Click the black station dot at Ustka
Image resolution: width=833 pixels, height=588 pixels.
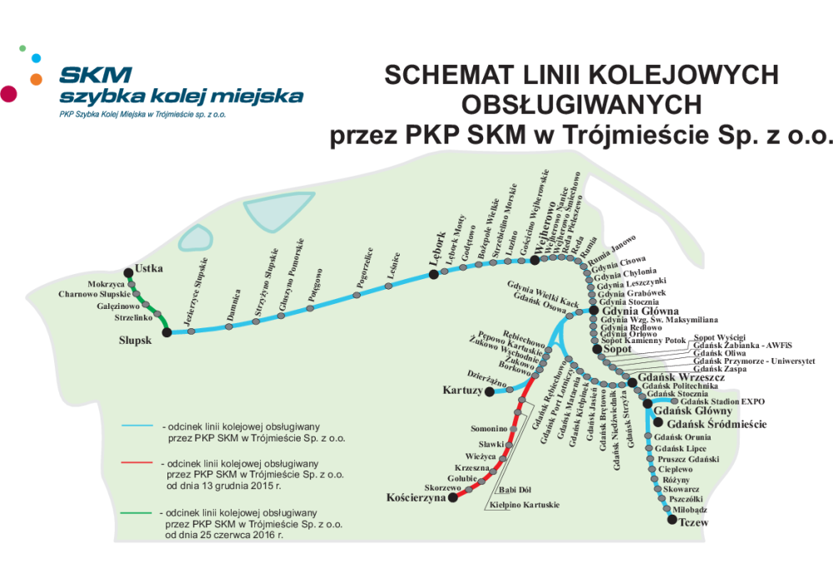click(128, 272)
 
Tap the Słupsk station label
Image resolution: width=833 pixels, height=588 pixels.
click(137, 341)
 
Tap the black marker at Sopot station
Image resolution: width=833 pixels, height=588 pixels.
click(597, 350)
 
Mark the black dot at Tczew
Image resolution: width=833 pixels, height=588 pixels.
click(672, 520)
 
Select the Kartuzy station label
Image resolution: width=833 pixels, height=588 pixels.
click(462, 391)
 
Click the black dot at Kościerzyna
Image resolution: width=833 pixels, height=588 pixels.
click(452, 498)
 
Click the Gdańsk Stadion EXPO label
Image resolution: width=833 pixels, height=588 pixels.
click(722, 401)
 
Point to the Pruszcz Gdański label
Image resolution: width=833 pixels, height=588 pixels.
click(688, 459)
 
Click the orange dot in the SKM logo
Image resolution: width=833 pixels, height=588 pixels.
click(36, 79)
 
